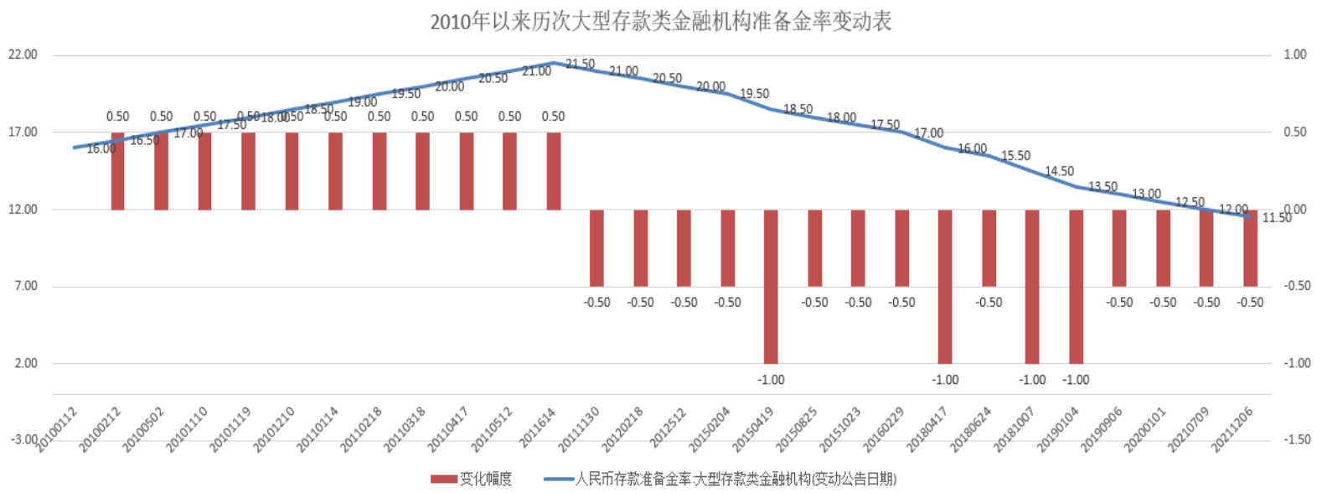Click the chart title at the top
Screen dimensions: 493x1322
coord(660,22)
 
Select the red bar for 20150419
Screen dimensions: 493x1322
coord(771,286)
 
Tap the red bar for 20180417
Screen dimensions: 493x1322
coord(945,286)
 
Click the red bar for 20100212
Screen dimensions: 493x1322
coord(117,171)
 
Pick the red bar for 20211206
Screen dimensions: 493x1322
coord(1250,248)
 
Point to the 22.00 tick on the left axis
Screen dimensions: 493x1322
coord(23,54)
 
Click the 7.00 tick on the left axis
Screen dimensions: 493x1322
coord(25,286)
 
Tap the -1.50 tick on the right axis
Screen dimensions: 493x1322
coord(1296,439)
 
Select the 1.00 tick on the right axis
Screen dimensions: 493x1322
coord(1295,54)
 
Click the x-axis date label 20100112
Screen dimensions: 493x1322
coord(57,428)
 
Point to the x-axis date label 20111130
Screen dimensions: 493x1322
coord(580,428)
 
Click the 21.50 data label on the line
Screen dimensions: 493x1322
coord(580,64)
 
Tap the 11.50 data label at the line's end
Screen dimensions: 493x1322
coord(1277,218)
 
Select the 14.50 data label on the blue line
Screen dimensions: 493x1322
coord(1059,171)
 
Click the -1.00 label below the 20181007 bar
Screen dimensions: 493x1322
coord(1032,380)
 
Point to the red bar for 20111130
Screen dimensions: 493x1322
coord(596,248)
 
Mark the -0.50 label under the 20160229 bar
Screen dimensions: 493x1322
coord(901,302)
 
